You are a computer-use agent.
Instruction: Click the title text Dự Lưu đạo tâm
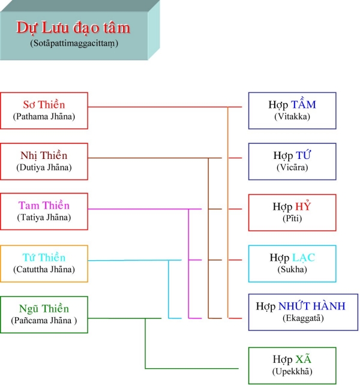[x=73, y=28]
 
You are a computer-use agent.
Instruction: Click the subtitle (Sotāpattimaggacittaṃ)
[x=74, y=43]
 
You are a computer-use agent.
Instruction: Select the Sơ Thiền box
[x=44, y=110]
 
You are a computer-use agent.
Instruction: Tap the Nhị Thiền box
[x=44, y=161]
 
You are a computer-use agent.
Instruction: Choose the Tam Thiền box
[x=44, y=212]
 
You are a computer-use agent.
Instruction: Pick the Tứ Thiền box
[x=44, y=263]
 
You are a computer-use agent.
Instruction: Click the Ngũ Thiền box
[x=44, y=314]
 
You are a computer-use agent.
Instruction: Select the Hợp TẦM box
[x=292, y=110]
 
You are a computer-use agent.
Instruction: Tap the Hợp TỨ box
[x=292, y=161]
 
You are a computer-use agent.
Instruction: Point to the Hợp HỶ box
[x=292, y=213]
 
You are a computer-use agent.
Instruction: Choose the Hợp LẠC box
[x=292, y=263]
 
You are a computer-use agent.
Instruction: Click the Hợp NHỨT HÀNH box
[x=303, y=312]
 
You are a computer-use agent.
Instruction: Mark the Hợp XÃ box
[x=292, y=366]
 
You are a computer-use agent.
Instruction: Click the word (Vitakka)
[x=292, y=116]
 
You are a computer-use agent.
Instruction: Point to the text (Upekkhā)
[x=292, y=371]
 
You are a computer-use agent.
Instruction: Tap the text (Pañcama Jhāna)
[x=44, y=320]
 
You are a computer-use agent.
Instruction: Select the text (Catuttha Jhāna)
[x=44, y=269]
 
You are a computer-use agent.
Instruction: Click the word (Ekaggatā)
[x=303, y=318]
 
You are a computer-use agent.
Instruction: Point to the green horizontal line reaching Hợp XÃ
[x=191, y=368]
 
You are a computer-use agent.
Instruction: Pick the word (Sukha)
[x=292, y=269]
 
